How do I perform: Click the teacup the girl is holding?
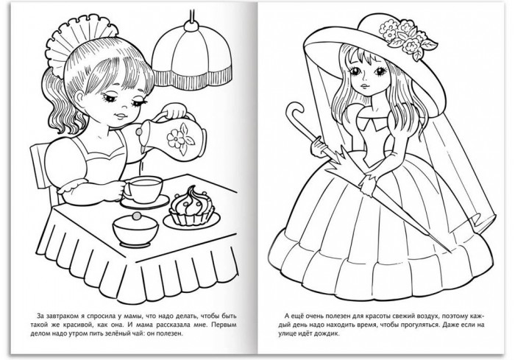tap(143, 189)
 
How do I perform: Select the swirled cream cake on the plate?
tap(191, 206)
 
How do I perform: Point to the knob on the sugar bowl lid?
tap(136, 216)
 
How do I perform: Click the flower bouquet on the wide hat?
tap(405, 36)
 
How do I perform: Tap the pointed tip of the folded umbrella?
tap(450, 252)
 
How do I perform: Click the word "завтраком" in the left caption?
tap(63, 317)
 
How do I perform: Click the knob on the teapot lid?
tap(139, 132)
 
